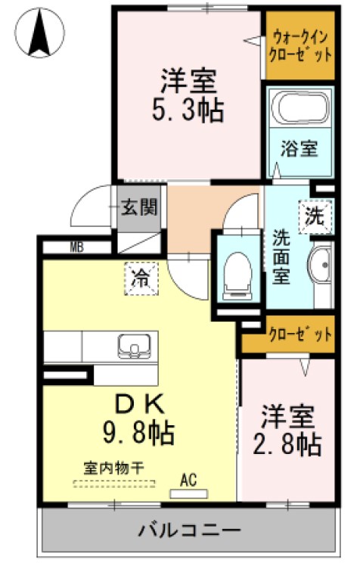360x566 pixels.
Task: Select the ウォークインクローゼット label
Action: click(301, 45)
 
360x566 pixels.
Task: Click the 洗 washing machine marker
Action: click(314, 215)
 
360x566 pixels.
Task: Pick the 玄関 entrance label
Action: click(140, 207)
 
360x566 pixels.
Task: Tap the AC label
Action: click(189, 479)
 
